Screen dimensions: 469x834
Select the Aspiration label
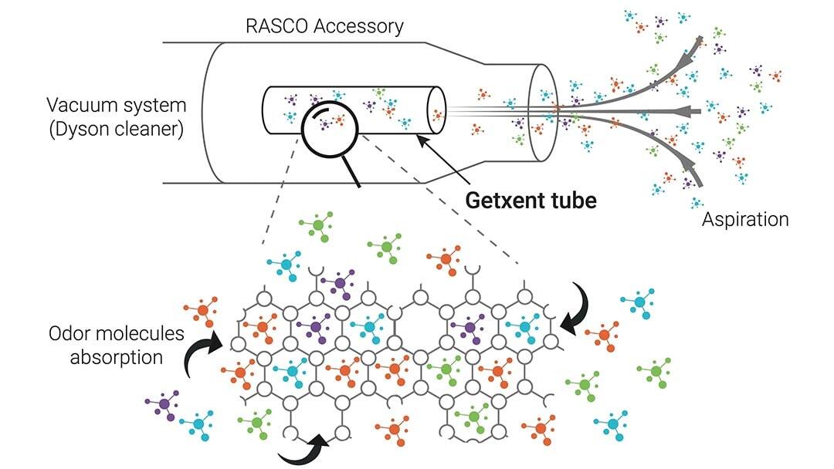click(x=745, y=220)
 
